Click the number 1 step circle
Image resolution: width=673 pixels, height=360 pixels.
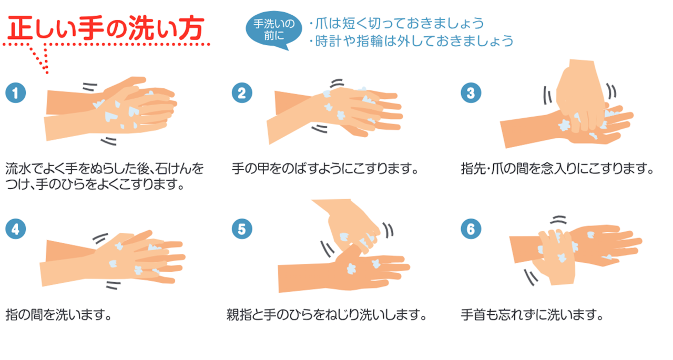coord(16,93)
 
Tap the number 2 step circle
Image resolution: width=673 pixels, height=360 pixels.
coord(242,93)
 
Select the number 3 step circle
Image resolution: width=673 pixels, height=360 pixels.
coord(471,93)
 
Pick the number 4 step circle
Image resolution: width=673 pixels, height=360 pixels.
coord(16,229)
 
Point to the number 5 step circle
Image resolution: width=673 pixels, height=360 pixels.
coord(242,229)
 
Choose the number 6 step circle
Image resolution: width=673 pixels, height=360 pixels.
coord(471,229)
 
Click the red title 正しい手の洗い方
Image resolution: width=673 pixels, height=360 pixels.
coord(106,28)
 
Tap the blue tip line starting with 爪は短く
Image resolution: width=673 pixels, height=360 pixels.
coord(396,24)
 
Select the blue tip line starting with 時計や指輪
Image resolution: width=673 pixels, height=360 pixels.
coord(411,41)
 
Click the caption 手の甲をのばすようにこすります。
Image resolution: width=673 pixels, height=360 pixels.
coord(325,169)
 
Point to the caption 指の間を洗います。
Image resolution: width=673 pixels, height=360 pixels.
coord(59,315)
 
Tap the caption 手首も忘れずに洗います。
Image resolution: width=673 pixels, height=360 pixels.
coord(533,315)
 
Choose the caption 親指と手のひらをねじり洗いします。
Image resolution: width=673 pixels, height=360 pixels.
coord(327,315)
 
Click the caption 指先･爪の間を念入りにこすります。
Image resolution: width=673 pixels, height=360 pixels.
coord(557,169)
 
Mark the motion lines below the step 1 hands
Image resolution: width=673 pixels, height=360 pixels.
coord(109,141)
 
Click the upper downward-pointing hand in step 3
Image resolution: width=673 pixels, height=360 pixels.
coord(580,96)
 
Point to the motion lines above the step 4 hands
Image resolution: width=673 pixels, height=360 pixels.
coord(100,239)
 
